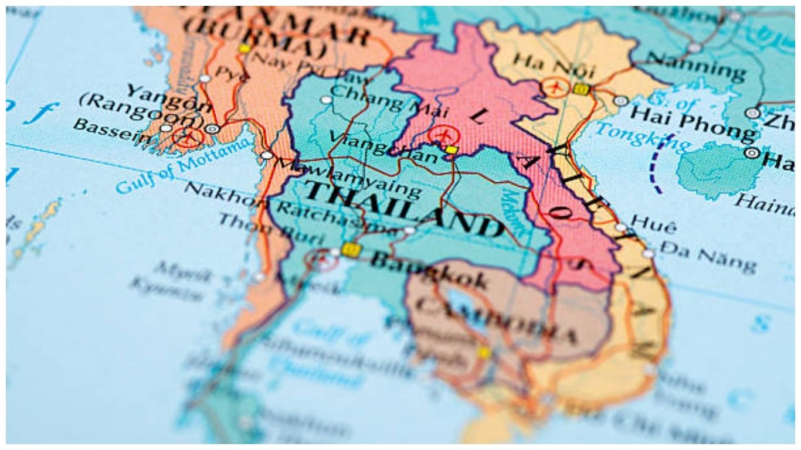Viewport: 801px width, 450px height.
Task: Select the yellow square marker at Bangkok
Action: (351, 250)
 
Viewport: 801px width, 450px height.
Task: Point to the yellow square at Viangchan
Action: (451, 151)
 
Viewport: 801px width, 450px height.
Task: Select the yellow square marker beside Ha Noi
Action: (581, 89)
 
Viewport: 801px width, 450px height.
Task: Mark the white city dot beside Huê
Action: (621, 228)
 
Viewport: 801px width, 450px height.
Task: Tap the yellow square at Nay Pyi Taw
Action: (244, 48)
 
